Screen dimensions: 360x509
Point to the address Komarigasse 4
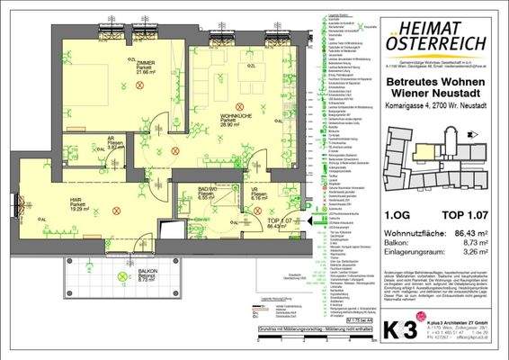410,107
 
